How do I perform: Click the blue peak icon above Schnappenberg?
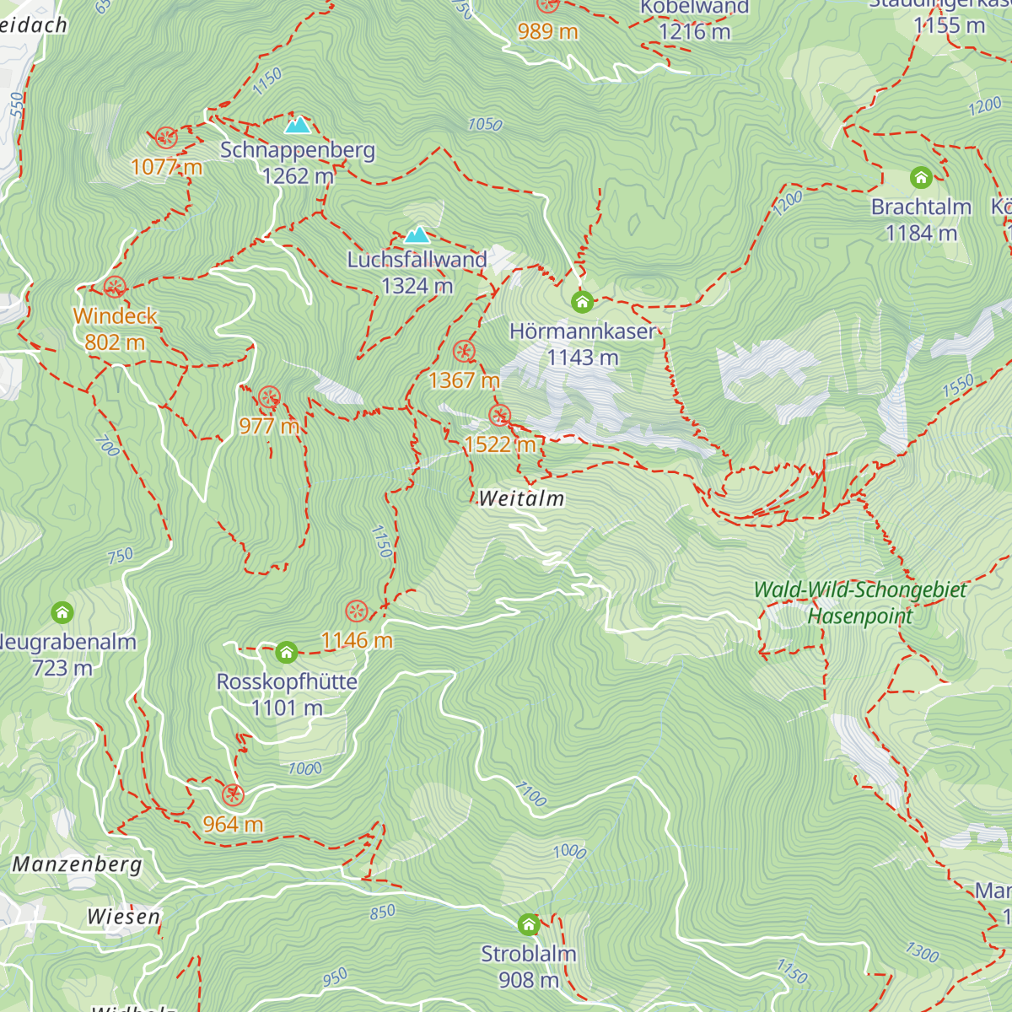(297, 125)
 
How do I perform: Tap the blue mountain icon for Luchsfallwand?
(417, 234)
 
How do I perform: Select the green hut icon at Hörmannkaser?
(581, 301)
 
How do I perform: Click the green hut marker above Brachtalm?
(921, 177)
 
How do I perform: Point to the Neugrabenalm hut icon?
(62, 611)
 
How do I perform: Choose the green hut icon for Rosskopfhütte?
(287, 652)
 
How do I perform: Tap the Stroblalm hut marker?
(529, 924)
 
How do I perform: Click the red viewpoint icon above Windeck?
(116, 287)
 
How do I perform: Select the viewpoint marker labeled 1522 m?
(500, 415)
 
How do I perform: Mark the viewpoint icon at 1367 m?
(464, 352)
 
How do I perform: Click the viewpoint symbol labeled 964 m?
(233, 794)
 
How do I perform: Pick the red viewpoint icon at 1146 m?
(357, 611)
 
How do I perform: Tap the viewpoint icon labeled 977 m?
(269, 397)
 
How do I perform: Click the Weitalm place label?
(521, 498)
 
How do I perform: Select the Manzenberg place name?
(77, 864)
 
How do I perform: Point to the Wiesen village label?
(123, 917)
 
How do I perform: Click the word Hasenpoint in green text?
(859, 616)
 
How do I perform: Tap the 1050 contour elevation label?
(485, 125)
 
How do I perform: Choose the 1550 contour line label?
(958, 385)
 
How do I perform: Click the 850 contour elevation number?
(382, 912)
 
